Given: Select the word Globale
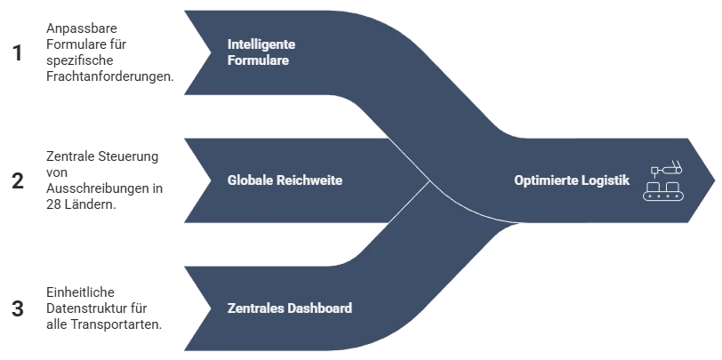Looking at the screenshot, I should coord(250,180).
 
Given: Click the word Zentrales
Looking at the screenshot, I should coord(255,308).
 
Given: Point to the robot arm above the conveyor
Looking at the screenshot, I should coord(666,167).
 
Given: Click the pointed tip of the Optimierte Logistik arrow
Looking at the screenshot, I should coord(714,180).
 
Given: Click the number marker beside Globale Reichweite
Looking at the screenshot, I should coord(15,182).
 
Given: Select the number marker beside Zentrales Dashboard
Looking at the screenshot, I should coord(15,308).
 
